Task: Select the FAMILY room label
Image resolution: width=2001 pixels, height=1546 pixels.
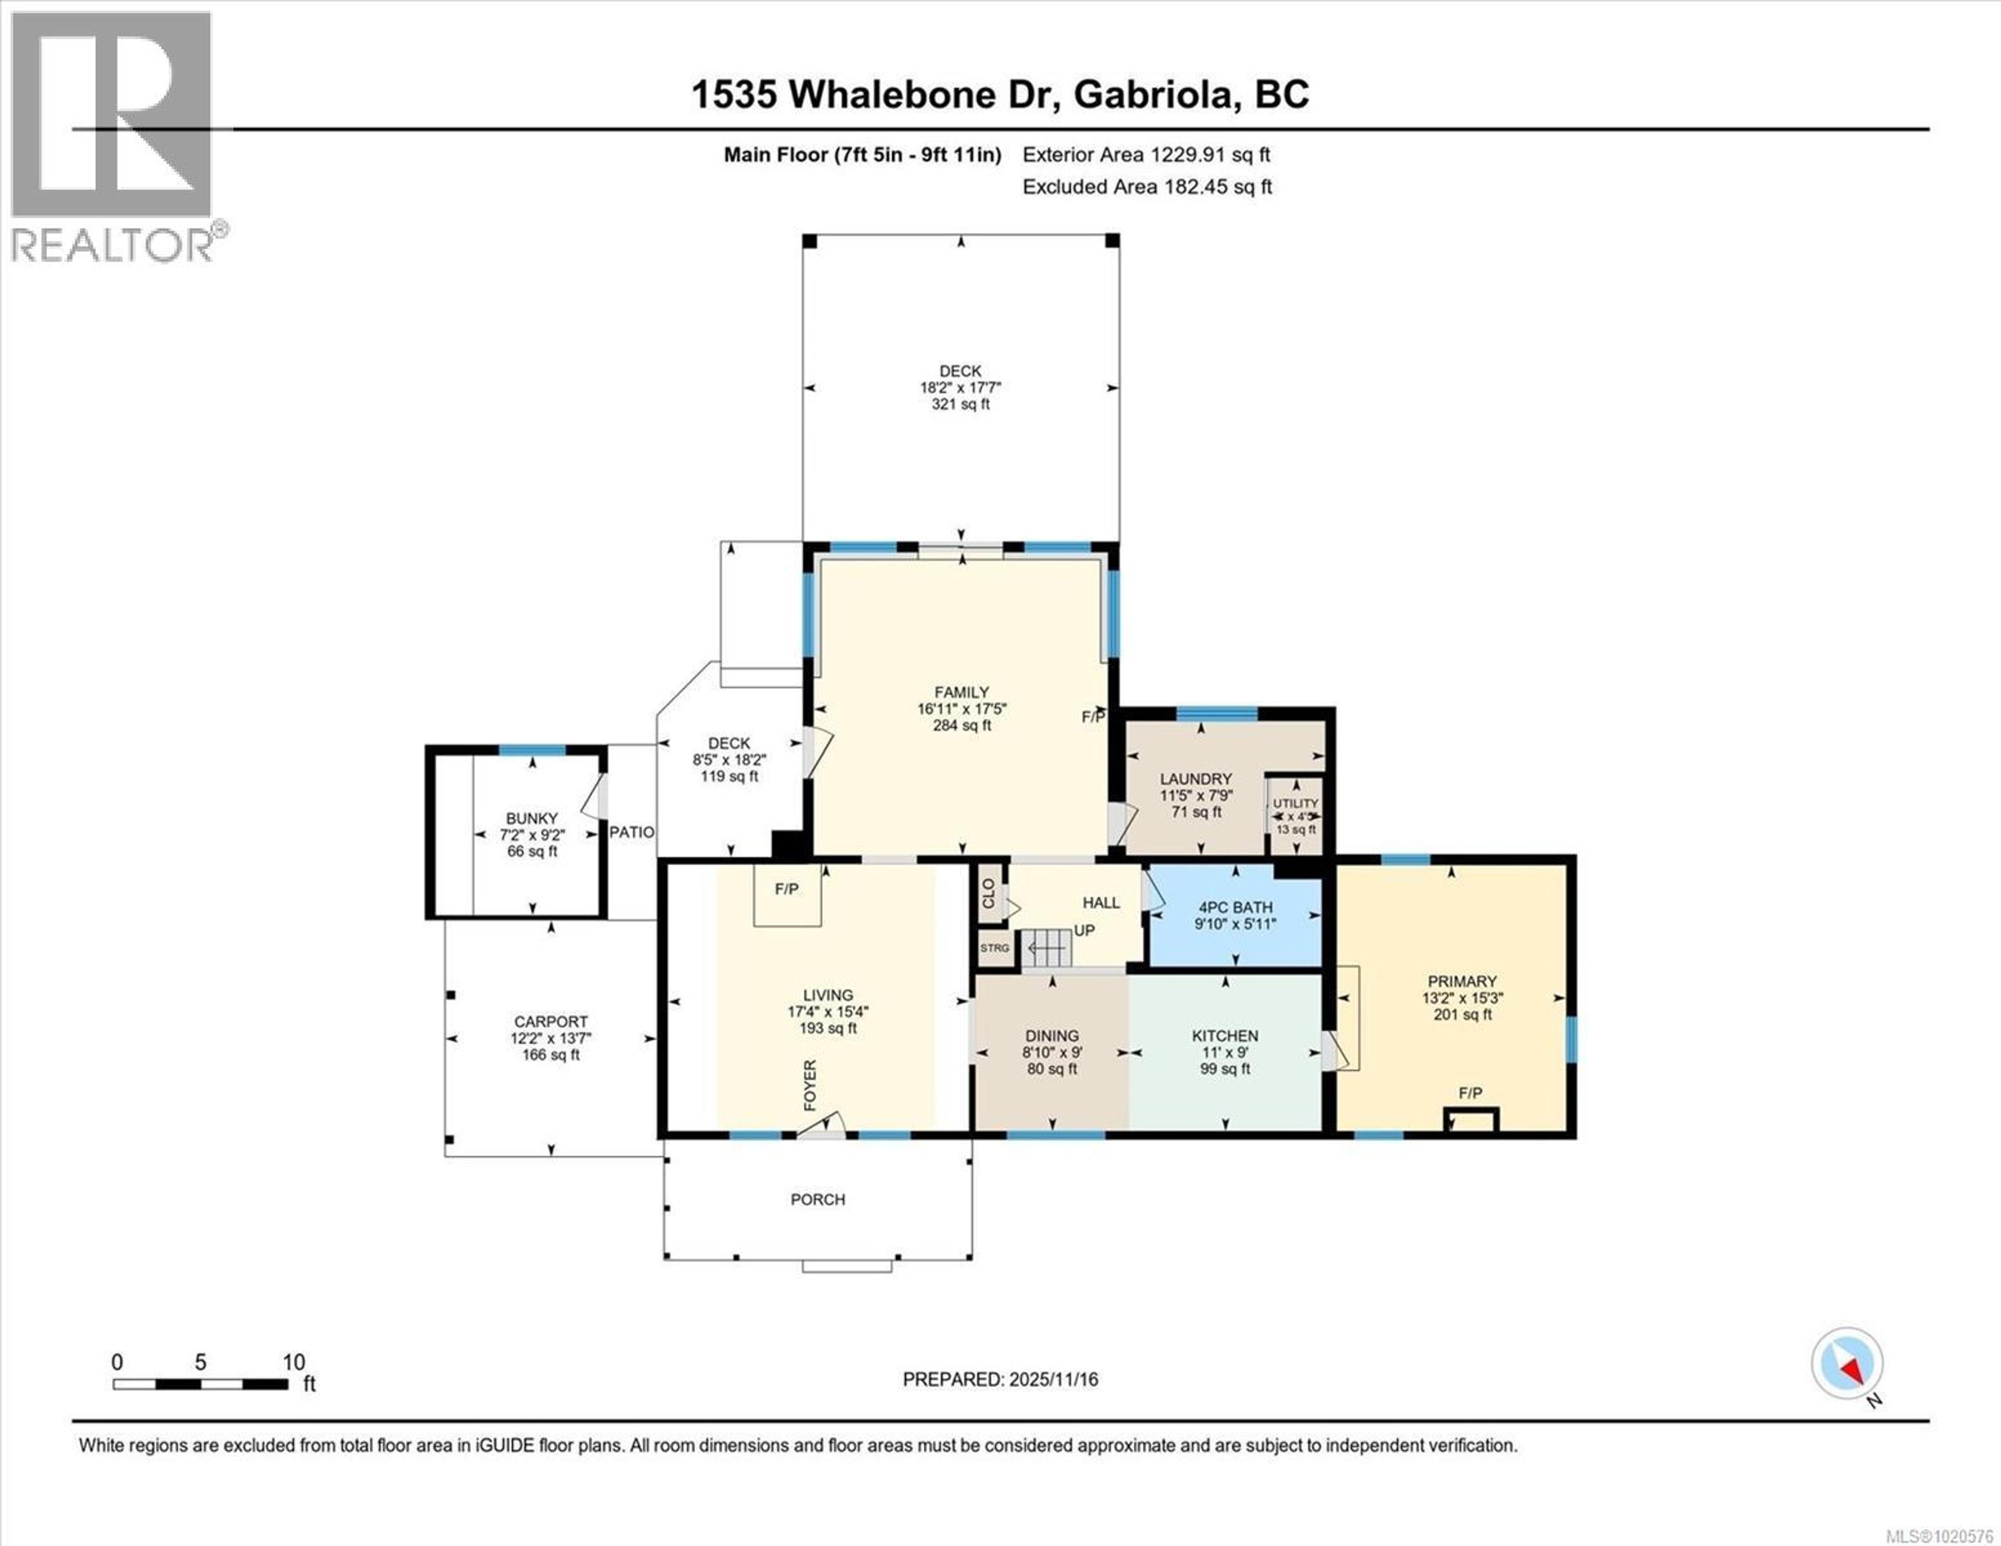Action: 961,693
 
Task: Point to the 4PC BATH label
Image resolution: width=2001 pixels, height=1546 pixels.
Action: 1235,907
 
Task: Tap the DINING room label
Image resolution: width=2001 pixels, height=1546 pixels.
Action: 1052,1035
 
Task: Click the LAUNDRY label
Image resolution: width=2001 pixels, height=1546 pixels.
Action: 1196,779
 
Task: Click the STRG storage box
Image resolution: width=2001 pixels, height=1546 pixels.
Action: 994,948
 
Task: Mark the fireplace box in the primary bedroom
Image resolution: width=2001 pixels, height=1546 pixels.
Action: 1471,1120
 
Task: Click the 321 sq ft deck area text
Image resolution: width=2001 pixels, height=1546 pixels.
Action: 960,404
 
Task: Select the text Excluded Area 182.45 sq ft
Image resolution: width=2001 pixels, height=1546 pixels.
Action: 1147,187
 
